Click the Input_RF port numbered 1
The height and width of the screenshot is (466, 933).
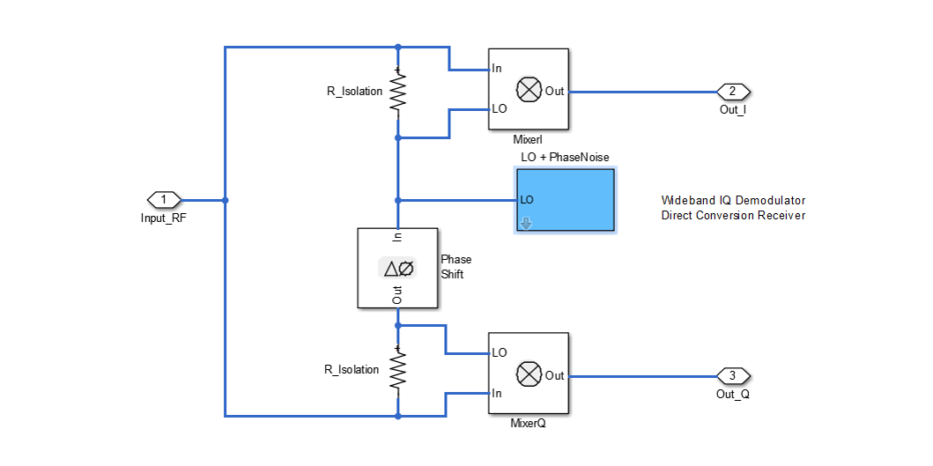pyautogui.click(x=163, y=200)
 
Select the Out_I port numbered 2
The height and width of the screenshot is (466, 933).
pyautogui.click(x=733, y=92)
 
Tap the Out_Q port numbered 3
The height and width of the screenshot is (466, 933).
pyautogui.click(x=733, y=375)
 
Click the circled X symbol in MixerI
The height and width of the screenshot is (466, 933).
pyautogui.click(x=528, y=90)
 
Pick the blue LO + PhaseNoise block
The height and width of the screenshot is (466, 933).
pyautogui.click(x=566, y=200)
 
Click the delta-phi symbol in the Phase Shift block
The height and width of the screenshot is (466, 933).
pyautogui.click(x=397, y=269)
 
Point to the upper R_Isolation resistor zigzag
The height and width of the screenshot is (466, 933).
pyautogui.click(x=398, y=92)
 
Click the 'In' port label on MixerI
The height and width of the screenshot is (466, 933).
pyautogui.click(x=497, y=69)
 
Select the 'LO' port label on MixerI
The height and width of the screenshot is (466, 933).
pyautogui.click(x=499, y=110)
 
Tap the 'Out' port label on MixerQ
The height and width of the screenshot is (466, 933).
pyautogui.click(x=555, y=375)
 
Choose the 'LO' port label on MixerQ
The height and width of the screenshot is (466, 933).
pyautogui.click(x=499, y=352)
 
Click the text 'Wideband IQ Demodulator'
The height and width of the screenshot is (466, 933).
pyautogui.click(x=733, y=200)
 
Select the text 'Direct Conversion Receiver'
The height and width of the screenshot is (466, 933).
pyautogui.click(x=733, y=215)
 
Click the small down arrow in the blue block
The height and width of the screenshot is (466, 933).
pyautogui.click(x=526, y=224)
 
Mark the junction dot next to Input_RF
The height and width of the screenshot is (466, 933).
pyautogui.click(x=226, y=200)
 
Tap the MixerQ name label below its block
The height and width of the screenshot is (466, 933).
pyautogui.click(x=528, y=423)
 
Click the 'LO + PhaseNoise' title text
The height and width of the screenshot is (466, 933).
pyautogui.click(x=565, y=157)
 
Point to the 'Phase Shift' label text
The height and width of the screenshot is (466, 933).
pyautogui.click(x=455, y=267)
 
